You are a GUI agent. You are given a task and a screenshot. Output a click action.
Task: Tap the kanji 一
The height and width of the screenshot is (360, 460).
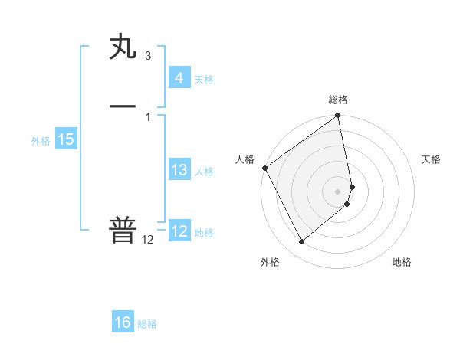coord(123,106)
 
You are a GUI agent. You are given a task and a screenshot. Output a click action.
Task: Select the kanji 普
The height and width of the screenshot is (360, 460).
coord(123,230)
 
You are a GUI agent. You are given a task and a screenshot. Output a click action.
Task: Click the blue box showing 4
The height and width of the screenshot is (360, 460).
coord(179,77)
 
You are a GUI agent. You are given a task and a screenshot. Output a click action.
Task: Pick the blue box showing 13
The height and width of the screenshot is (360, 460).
coord(179,170)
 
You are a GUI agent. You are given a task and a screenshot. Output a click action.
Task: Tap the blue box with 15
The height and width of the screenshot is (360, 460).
coord(65,139)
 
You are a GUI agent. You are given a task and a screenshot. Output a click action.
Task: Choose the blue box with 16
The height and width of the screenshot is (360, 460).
coord(123,322)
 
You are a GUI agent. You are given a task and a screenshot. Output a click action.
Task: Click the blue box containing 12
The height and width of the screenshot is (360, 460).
coord(179,231)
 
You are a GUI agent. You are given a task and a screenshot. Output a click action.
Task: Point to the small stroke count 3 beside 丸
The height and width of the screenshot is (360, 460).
coord(147,56)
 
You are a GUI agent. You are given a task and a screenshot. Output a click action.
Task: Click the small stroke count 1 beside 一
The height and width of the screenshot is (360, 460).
coord(147,116)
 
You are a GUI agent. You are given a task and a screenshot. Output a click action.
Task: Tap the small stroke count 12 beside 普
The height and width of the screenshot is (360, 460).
coord(147,240)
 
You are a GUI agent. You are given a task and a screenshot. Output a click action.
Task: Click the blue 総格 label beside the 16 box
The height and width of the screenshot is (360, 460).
coord(147,324)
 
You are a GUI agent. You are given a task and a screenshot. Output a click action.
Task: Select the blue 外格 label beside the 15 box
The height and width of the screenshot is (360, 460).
coord(41,141)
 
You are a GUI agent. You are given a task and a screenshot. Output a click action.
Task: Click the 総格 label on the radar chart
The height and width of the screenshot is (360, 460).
coord(337,100)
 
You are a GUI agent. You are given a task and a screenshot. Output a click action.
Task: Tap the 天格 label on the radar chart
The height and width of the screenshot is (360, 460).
coord(431,159)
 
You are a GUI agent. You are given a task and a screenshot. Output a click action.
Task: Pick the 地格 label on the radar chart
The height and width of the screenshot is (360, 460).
coord(402,263)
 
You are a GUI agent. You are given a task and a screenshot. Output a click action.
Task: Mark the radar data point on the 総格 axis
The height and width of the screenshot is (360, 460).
coord(337,116)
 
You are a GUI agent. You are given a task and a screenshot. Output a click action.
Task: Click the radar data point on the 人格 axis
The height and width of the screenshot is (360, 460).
coord(264,168)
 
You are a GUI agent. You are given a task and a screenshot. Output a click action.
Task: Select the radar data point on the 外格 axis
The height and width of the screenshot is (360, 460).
coord(301,242)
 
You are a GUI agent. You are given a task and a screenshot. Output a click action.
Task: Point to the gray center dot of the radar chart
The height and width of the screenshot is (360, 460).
coord(337,191)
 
